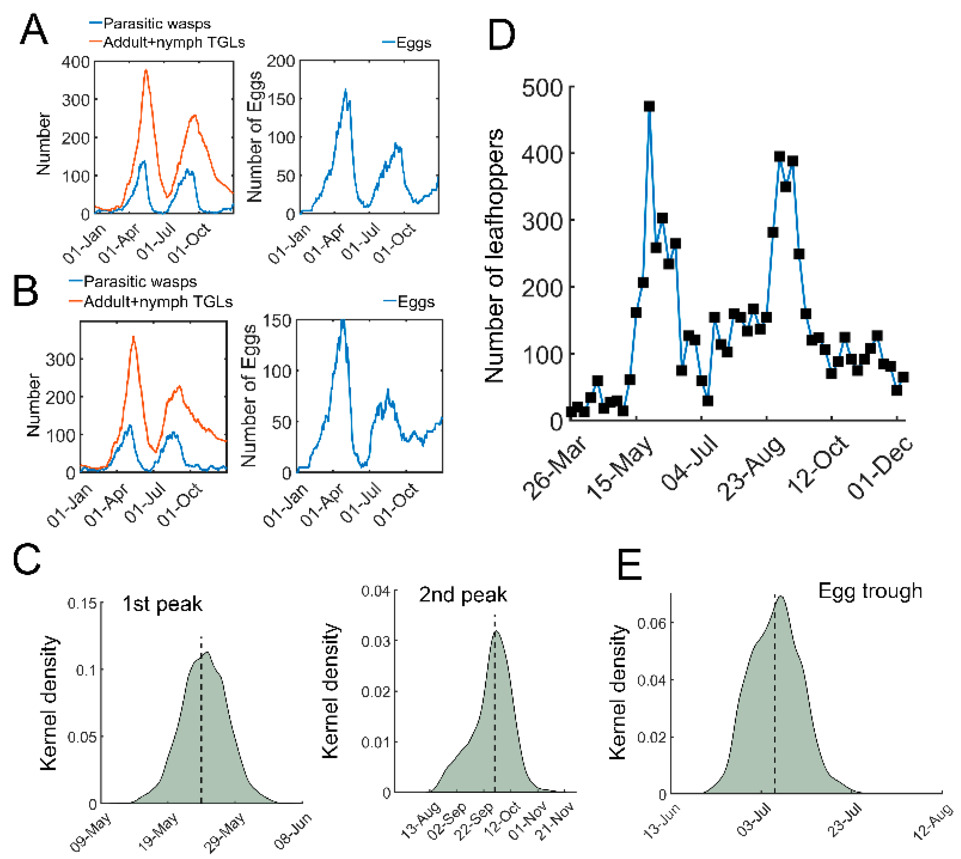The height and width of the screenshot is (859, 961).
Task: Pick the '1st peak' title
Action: (x=162, y=604)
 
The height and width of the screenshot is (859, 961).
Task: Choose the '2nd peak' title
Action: (x=463, y=595)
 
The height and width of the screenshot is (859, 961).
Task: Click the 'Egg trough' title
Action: (x=870, y=591)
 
